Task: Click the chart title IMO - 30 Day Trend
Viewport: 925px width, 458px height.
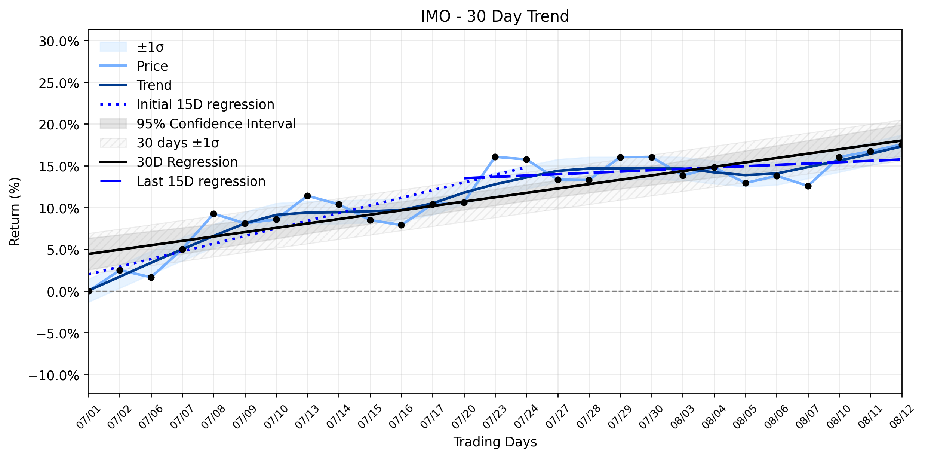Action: coord(495,16)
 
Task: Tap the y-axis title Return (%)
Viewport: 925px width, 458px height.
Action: coord(15,212)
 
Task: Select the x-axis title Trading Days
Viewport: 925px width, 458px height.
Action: coord(495,442)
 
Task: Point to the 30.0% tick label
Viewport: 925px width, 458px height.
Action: coord(59,42)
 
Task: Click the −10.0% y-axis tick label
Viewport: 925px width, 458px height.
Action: coord(54,375)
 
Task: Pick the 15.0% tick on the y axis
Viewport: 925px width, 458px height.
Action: coord(59,167)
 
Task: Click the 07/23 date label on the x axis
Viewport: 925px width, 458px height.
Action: coord(495,416)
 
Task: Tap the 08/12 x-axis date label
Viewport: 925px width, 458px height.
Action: coord(902,416)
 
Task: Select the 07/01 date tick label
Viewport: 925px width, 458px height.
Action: coord(89,416)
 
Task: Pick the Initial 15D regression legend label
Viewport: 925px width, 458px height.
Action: coord(205,104)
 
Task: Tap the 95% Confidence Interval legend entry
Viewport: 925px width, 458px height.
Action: coord(216,124)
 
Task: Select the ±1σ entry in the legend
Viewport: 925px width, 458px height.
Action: coord(150,47)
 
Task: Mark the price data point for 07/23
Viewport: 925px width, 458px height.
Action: coord(495,157)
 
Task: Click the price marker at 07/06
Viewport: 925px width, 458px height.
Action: coord(151,277)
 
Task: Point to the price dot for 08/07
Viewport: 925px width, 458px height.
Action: coord(808,186)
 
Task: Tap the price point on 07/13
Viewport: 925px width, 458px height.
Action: coord(307,196)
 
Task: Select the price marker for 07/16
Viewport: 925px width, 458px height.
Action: coord(401,225)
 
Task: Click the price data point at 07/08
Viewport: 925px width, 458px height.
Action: coord(213,214)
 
